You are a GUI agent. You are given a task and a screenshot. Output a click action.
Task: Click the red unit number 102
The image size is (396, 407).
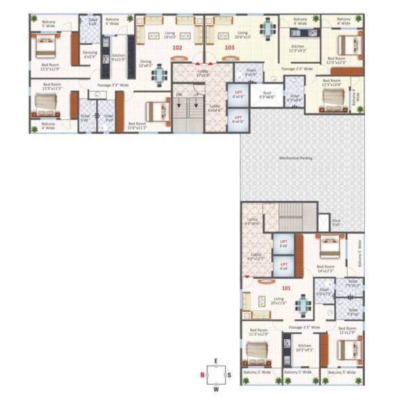pos(177,47)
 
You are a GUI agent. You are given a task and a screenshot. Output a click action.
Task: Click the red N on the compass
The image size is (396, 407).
pos(201,374)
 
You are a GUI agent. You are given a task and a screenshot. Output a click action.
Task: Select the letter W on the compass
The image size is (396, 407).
pos(217,389)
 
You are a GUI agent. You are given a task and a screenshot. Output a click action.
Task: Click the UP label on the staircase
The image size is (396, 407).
pos(196,94)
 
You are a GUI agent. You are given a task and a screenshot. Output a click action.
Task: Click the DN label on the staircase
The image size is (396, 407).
pos(179,94)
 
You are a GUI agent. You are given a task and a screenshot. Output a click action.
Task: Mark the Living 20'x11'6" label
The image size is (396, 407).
pos(279,301)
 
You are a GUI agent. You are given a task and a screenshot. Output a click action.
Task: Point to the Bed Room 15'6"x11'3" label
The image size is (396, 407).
pos(141,125)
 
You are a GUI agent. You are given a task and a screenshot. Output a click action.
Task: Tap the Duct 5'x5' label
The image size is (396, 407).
pos(336,222)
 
